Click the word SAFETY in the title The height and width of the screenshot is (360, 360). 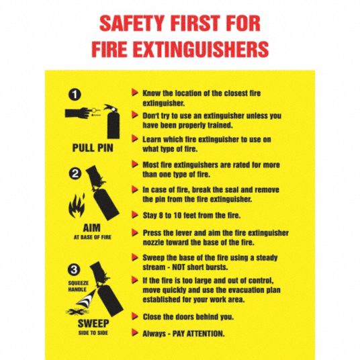point(131,24)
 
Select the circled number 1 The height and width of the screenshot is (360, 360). point(75,94)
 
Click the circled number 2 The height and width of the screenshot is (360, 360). point(75,173)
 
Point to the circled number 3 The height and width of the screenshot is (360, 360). point(74,270)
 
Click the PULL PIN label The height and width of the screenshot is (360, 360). point(93,148)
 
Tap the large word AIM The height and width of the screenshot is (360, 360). point(92,228)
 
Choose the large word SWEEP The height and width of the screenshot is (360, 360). point(93,324)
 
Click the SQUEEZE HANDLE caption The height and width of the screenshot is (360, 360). point(78,286)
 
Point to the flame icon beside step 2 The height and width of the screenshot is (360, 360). point(77,206)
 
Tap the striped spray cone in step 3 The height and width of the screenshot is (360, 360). point(85,299)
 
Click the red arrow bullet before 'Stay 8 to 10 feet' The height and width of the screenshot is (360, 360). point(135,215)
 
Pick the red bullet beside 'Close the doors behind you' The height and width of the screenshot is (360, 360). point(135,316)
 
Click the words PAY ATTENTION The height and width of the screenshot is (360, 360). point(198,333)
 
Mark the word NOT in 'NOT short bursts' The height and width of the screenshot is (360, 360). point(179,267)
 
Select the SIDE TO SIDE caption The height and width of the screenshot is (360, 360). point(93,332)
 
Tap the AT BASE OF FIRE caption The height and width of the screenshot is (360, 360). point(92,237)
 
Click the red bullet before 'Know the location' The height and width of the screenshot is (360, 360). point(135,93)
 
